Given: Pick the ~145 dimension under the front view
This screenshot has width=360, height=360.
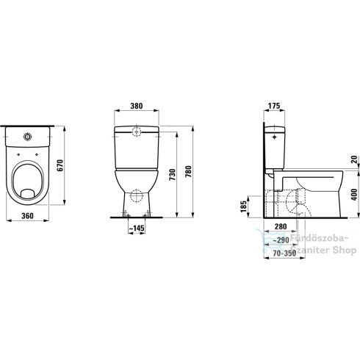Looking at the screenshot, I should tap(135, 228).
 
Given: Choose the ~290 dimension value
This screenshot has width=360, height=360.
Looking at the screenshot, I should tap(281, 240).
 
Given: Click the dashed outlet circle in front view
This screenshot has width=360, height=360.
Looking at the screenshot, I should tap(135, 197).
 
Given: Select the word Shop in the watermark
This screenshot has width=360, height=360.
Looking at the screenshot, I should tap(342, 249).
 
